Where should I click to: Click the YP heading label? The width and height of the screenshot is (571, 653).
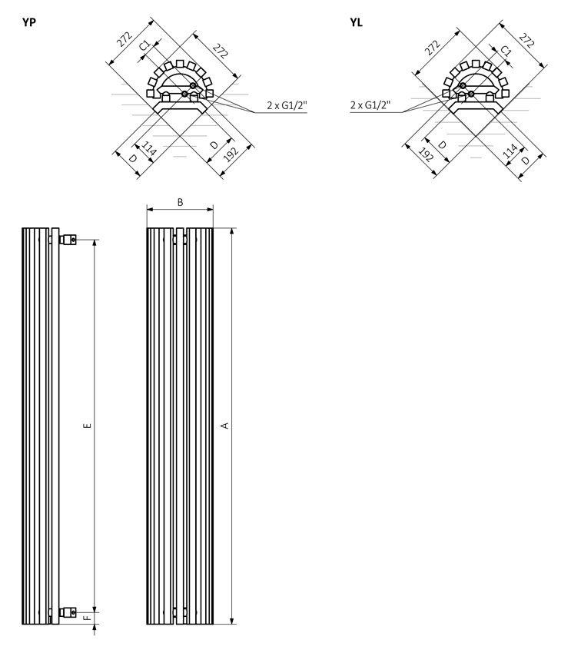point(29,22)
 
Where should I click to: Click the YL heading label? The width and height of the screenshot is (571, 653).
point(356,22)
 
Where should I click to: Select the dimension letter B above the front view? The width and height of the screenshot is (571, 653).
point(181,202)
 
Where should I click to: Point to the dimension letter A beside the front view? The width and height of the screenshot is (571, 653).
point(225,425)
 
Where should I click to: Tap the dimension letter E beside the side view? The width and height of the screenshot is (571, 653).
point(88,425)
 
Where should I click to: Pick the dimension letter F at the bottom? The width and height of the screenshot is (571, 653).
point(88,618)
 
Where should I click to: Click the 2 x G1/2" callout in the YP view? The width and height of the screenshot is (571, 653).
point(287,105)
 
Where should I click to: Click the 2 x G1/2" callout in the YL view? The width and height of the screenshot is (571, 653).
point(370,105)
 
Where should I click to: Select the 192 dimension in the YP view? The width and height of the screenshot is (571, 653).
point(231,154)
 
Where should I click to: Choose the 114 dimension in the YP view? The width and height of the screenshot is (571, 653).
point(148,148)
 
